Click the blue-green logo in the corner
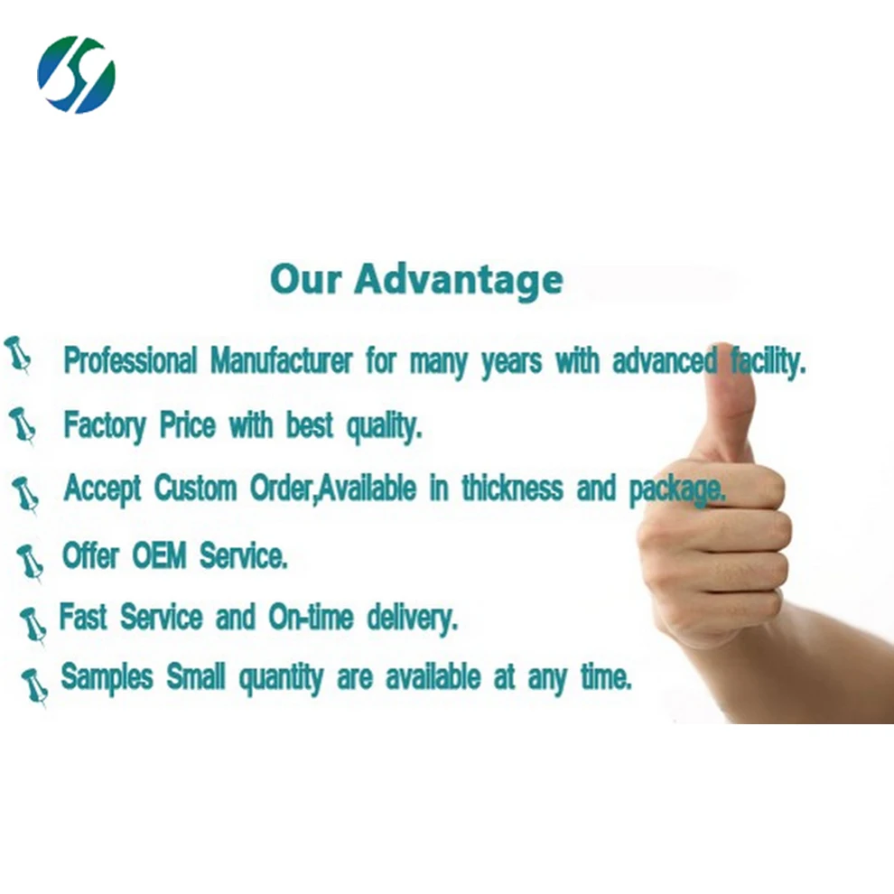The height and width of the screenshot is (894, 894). pos(76,74)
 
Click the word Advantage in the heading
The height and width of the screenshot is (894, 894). pos(459,280)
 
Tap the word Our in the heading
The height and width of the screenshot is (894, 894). pos(306,280)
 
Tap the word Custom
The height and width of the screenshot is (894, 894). pos(198,489)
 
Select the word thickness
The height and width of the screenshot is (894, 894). pos(512,489)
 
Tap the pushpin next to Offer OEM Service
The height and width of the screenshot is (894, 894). pos(30,562)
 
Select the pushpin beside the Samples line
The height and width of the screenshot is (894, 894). pos(34,685)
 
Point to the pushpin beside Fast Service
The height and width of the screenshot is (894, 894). pos(33,624)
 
